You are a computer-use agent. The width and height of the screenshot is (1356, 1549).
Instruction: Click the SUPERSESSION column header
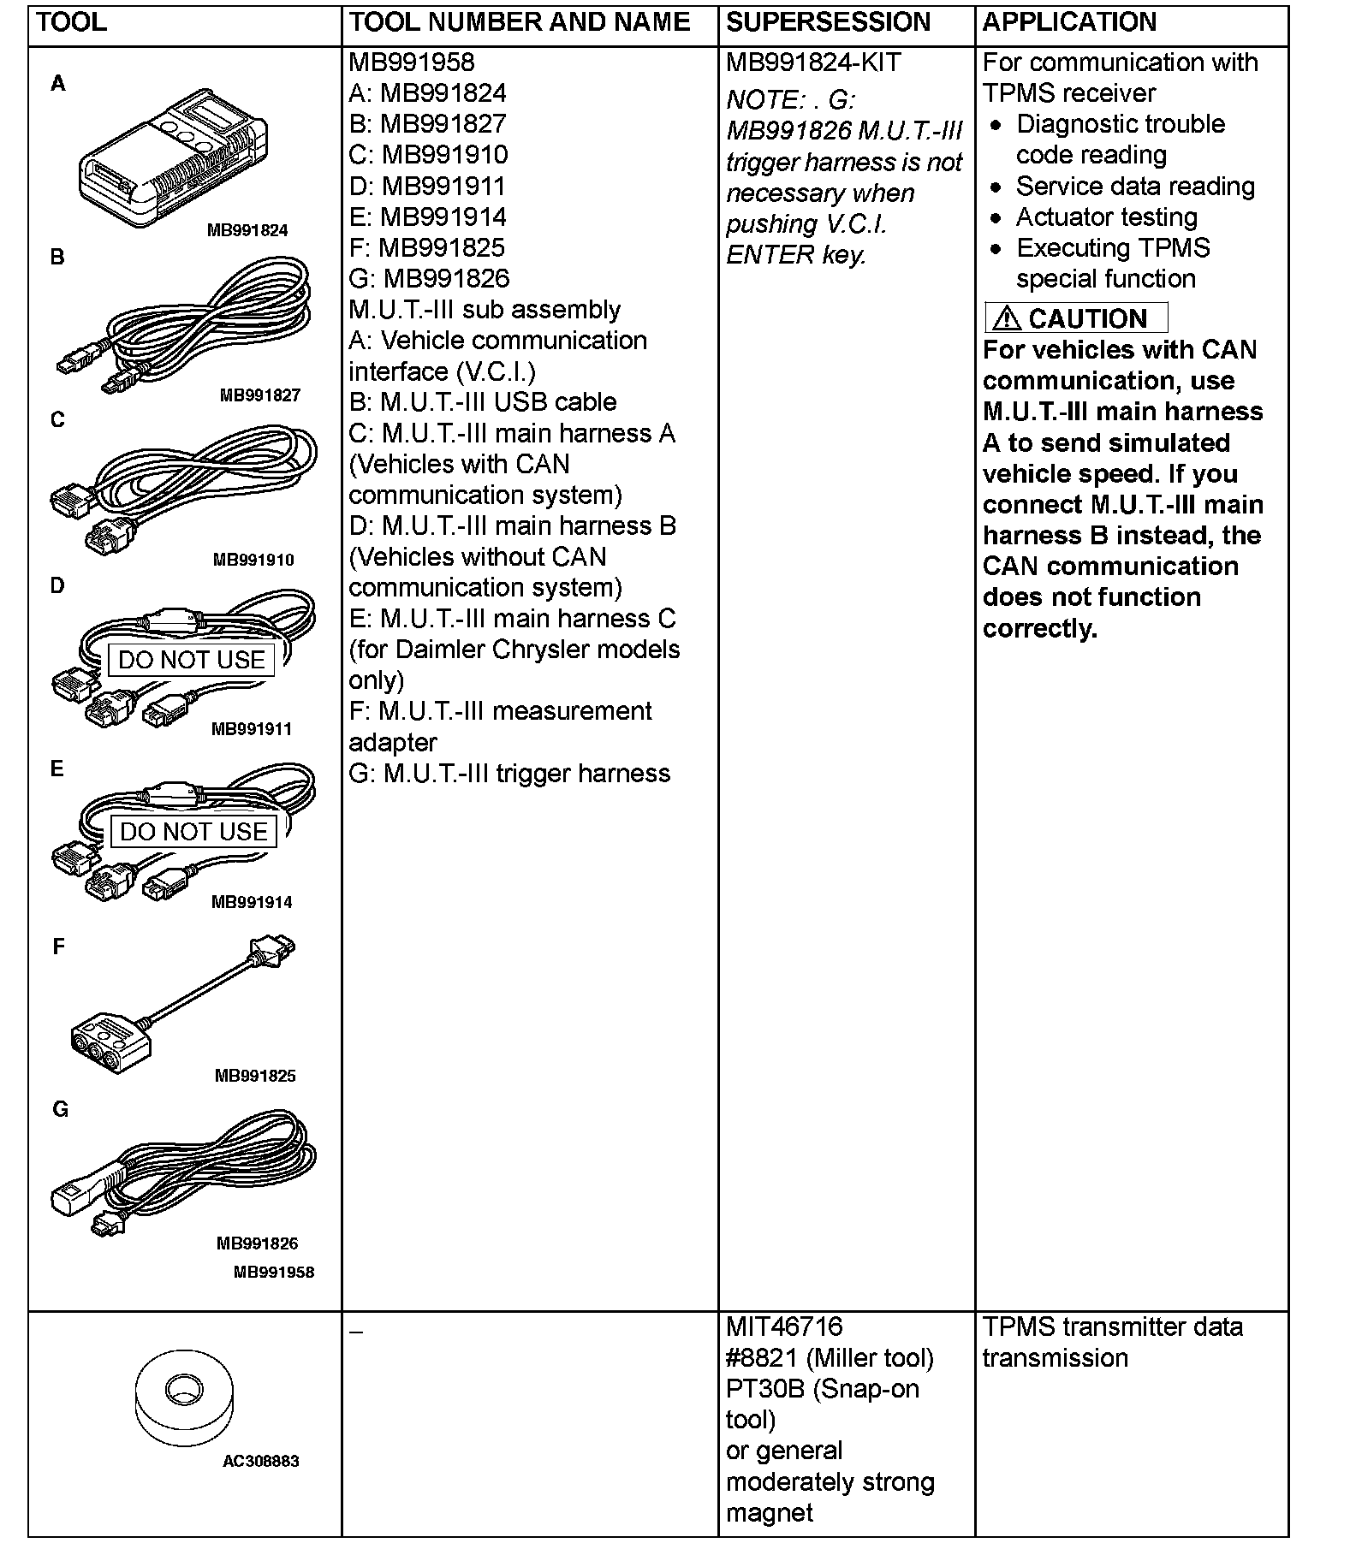tap(828, 22)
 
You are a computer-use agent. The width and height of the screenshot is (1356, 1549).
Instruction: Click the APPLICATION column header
tap(1069, 22)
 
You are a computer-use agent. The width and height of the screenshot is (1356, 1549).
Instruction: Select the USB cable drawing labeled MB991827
tap(184, 325)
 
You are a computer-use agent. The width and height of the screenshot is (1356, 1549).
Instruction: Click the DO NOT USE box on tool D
tap(192, 660)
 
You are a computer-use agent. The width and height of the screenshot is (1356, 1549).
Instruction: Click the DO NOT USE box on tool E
tap(193, 832)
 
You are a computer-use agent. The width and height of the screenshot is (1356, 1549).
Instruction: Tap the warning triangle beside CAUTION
tap(1007, 319)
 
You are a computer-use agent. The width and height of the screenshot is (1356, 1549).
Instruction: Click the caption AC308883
tap(261, 1461)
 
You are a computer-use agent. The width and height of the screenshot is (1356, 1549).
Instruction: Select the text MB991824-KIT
tap(813, 62)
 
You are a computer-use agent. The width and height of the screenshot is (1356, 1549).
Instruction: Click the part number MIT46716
tap(784, 1327)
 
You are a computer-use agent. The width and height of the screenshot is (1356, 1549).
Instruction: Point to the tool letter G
tap(60, 1109)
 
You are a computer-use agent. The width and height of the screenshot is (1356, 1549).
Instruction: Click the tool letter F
tap(58, 947)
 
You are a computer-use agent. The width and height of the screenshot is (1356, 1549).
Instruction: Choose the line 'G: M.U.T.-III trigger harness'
tap(509, 774)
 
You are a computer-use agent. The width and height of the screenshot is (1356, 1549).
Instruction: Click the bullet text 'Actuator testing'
tap(1106, 217)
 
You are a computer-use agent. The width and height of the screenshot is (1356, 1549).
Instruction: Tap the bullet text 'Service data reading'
tap(1135, 187)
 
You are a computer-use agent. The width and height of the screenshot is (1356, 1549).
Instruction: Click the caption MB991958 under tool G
tap(274, 1272)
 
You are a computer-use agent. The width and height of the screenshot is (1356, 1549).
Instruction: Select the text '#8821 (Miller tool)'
tap(830, 1358)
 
